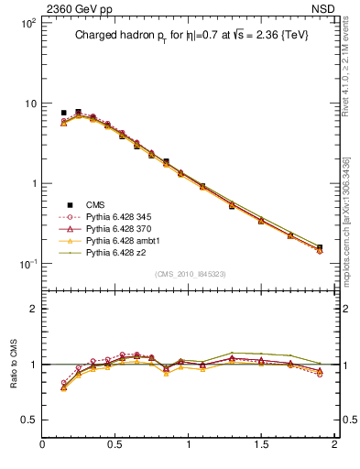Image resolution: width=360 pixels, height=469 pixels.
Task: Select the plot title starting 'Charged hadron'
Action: click(x=198, y=37)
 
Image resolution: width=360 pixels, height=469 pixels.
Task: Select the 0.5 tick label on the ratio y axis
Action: click(x=28, y=420)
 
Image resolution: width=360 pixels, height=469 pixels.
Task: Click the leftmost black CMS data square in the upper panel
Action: click(x=63, y=113)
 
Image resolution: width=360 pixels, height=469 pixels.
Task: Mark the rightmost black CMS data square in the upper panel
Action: click(x=320, y=247)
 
